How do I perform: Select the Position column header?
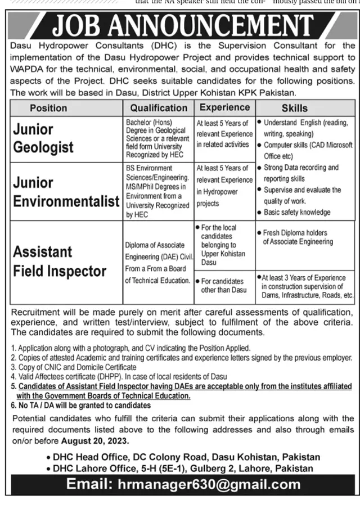pos(48,107)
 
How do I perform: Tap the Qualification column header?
pos(159,107)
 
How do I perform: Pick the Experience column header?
pos(224,107)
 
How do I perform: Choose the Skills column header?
pos(295,107)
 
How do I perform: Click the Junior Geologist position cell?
pos(43,138)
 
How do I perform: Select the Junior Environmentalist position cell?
pos(66,191)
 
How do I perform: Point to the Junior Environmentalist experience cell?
pos(224,186)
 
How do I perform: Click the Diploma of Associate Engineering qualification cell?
pos(159,263)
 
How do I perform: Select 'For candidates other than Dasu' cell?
pos(223,285)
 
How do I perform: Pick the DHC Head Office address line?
pos(186,457)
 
